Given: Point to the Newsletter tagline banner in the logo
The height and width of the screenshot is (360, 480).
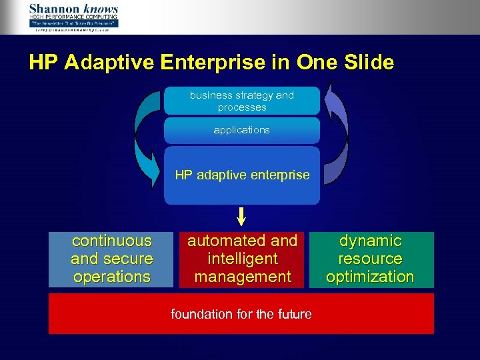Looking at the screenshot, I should click(73, 23).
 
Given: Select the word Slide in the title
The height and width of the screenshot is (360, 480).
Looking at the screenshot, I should click(366, 63).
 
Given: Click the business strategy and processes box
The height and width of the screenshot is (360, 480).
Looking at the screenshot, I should click(241, 101).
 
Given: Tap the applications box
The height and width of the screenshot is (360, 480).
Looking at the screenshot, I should click(241, 130).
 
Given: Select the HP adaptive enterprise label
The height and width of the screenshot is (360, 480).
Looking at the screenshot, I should click(242, 175).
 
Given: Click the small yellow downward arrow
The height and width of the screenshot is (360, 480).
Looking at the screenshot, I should click(241, 215).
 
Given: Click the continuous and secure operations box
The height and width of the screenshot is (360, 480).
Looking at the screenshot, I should click(112, 259).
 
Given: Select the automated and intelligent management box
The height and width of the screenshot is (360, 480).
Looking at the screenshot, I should click(242, 259).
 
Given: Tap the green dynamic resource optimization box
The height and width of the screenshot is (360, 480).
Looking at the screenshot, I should click(371, 259).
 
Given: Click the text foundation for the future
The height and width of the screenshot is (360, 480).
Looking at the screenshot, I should click(241, 313).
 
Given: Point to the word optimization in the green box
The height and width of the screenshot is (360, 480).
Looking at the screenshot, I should click(371, 277).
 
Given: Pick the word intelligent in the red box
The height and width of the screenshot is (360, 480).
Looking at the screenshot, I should click(242, 259).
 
